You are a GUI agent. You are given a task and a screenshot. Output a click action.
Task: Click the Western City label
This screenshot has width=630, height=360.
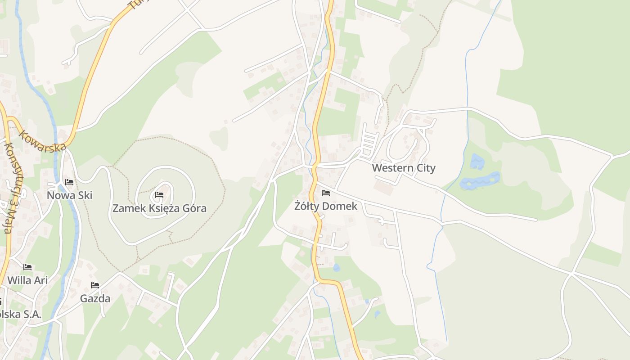(x=404, y=168)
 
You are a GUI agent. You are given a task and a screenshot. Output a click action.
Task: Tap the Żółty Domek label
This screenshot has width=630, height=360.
(x=326, y=206)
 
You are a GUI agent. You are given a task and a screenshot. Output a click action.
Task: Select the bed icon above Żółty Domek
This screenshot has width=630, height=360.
(x=326, y=193)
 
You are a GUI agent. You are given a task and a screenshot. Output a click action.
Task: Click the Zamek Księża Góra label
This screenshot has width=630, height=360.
(x=159, y=208)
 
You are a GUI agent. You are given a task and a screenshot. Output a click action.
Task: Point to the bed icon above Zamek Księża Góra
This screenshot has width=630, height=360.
(x=159, y=195)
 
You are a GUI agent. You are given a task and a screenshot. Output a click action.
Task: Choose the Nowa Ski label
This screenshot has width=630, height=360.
(x=70, y=195)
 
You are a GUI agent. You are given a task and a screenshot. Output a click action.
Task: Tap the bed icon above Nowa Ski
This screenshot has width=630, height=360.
(x=69, y=182)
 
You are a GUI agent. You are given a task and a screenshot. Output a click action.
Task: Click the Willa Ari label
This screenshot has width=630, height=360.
(x=27, y=280)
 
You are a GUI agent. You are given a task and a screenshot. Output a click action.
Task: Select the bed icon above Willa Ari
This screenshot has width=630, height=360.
(x=27, y=267)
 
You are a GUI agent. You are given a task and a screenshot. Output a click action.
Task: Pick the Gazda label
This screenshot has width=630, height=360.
(x=95, y=298)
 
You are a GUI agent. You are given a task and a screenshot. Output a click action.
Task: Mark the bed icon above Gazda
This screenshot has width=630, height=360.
(x=95, y=285)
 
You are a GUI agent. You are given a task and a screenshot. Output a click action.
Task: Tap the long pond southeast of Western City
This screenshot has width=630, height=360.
(x=480, y=180)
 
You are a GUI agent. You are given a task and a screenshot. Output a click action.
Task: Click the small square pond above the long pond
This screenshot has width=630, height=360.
(x=477, y=161)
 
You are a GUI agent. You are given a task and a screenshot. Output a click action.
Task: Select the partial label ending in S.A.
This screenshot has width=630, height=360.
(x=20, y=314)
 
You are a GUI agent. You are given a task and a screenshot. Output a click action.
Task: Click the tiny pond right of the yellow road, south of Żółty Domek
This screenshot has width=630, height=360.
(x=336, y=268)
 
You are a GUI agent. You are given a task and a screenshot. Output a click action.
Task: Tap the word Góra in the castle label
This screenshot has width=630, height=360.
(x=192, y=208)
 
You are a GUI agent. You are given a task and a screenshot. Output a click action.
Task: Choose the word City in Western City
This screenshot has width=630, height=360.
(x=425, y=168)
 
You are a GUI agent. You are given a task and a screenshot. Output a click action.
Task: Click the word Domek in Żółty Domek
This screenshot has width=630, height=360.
(x=342, y=206)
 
